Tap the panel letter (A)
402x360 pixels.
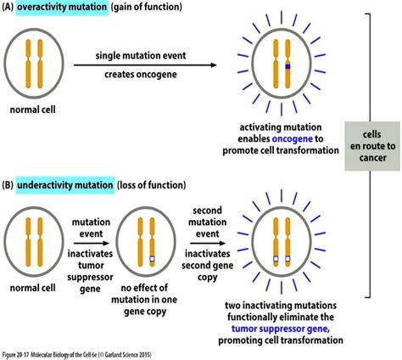[x=9, y=8]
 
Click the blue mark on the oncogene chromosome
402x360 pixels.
[x=288, y=65]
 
